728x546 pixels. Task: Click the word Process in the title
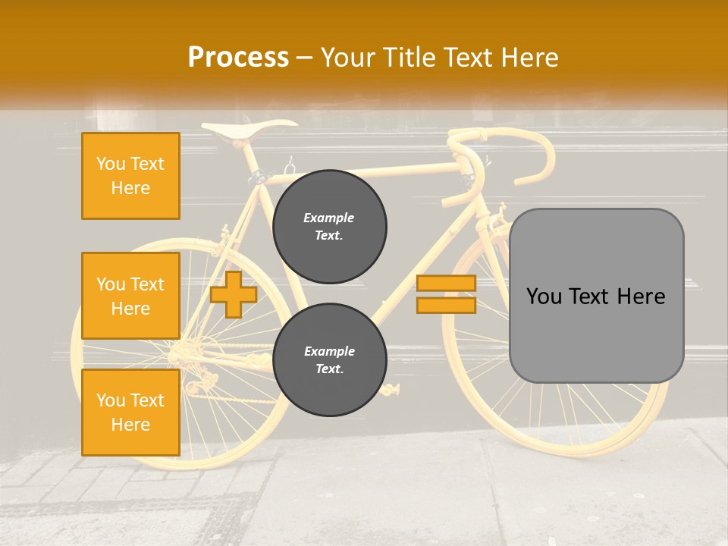pyautogui.click(x=238, y=58)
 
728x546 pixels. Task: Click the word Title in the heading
pyautogui.click(x=409, y=58)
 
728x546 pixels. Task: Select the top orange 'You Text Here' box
pyautogui.click(x=130, y=176)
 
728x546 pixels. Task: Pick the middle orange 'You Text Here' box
pyautogui.click(x=130, y=296)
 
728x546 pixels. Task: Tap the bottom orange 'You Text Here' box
pyautogui.click(x=130, y=413)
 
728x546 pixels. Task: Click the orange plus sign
pyautogui.click(x=234, y=294)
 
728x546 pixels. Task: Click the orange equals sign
pyautogui.click(x=446, y=294)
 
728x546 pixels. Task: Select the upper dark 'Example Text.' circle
pyautogui.click(x=329, y=227)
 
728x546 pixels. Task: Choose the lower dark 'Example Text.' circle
pyautogui.click(x=329, y=360)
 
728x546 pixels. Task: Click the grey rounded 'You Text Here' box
pyautogui.click(x=596, y=296)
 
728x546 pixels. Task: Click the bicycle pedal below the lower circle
pyautogui.click(x=391, y=390)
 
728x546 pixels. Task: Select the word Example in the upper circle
pyautogui.click(x=329, y=218)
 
